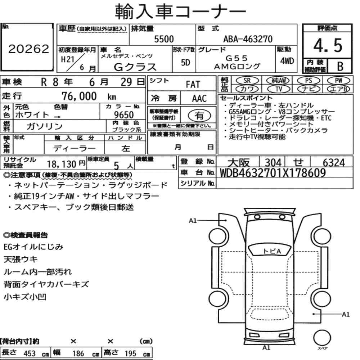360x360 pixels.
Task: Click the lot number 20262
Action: (29, 49)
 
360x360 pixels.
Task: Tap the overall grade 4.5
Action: (328, 45)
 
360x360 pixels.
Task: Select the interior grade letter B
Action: (340, 66)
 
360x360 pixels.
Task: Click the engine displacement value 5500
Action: (164, 39)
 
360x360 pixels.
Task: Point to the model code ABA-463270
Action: (248, 39)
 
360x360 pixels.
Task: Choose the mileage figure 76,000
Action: (79, 96)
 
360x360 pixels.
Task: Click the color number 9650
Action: (124, 115)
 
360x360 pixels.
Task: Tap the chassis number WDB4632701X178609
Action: (273, 173)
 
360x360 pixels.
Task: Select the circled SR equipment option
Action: (247, 81)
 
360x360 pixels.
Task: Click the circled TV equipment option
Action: (279, 89)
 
